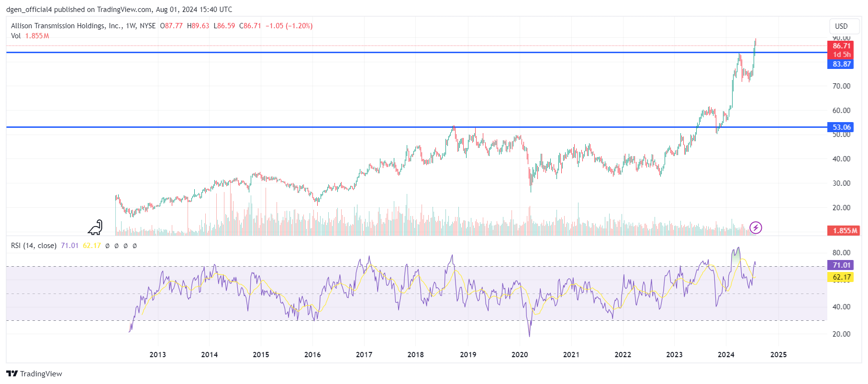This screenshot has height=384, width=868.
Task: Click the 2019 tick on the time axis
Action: pos(467,355)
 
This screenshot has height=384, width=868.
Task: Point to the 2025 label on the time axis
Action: pos(778,355)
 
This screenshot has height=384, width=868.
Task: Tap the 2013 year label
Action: pos(157,355)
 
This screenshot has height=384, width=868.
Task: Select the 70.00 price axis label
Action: pos(841,86)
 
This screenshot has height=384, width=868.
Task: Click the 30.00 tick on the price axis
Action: pos(841,183)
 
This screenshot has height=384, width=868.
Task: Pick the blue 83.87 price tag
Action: pos(841,64)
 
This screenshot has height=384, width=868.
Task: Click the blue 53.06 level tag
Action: pos(841,127)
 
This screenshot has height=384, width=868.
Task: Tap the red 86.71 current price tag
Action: pos(841,46)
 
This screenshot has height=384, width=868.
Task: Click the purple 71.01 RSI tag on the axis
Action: pos(841,265)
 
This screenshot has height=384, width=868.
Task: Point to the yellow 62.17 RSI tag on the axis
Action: pos(841,277)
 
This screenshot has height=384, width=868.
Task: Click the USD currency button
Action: pos(841,26)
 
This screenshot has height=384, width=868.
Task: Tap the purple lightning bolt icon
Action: pos(756,227)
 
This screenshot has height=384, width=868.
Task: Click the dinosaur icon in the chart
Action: pos(96,227)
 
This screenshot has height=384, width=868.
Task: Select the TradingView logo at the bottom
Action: pos(34,374)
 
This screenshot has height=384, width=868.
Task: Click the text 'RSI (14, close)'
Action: pos(33,246)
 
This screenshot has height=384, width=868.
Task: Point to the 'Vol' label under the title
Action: pos(16,36)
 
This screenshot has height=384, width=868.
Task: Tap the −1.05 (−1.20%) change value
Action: pos(289,26)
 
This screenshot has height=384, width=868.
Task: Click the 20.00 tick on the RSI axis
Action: pos(841,334)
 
